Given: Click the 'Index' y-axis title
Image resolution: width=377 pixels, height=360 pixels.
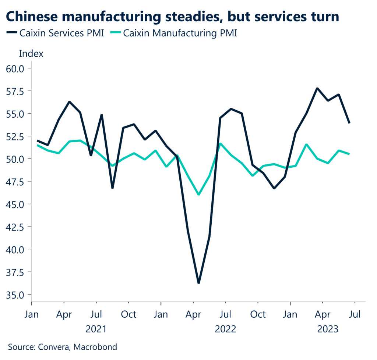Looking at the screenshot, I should coord(31,54).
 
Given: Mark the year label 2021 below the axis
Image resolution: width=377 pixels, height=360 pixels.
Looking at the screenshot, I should coord(96,328).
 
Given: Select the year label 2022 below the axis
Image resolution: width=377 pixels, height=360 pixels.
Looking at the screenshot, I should coord(225,328).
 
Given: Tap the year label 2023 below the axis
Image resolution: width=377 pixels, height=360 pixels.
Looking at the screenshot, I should coord(328,328).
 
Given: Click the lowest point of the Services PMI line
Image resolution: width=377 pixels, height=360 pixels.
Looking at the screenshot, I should coord(199,283).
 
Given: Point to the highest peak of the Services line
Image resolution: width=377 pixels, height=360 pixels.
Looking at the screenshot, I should coord(317,88).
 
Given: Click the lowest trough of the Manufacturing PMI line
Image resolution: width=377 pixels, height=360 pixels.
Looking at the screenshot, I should coord(199,194).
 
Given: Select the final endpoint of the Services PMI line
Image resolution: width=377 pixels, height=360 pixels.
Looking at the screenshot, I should coord(349,123).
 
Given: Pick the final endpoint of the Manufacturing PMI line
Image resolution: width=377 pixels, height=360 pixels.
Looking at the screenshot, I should coord(349,154).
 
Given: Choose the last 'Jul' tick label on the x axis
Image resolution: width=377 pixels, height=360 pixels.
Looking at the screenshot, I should coord(355,315).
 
